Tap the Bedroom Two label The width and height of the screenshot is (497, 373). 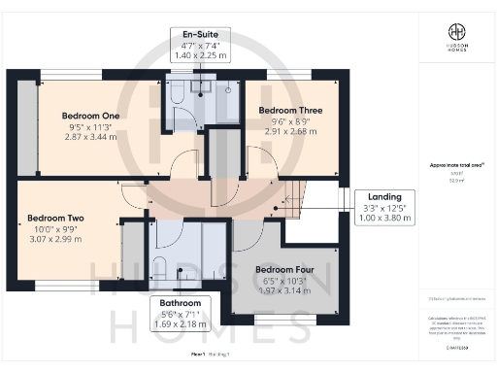(55, 218)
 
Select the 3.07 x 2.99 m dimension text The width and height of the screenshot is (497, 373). (55, 240)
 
